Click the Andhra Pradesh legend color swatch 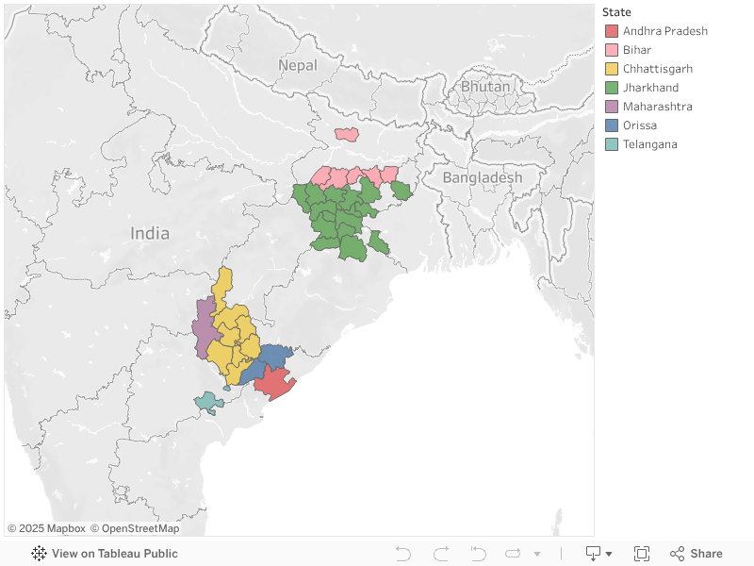(612, 31)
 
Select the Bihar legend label (636, 50)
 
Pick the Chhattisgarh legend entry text (657, 69)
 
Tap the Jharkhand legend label (649, 88)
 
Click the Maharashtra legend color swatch (612, 107)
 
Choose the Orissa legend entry (639, 125)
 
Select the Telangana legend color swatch (612, 144)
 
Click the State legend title (616, 12)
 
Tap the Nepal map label (298, 65)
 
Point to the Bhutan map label (485, 87)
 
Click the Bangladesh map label (482, 177)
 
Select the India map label (150, 233)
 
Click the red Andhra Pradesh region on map (274, 383)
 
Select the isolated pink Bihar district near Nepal (346, 134)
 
